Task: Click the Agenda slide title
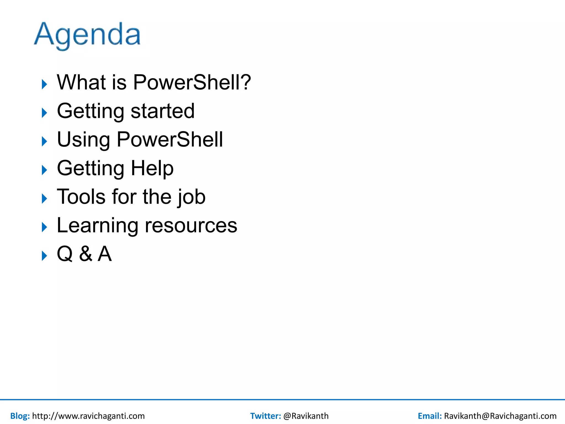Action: point(87,35)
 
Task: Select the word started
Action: point(162,111)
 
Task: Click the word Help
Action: point(152,168)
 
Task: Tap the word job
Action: point(191,197)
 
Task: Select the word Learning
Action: point(97,226)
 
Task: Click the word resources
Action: point(191,226)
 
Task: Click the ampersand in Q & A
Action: point(86,254)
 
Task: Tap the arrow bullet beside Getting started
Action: point(44,113)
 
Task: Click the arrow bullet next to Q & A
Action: point(44,256)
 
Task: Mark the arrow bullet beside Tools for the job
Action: point(44,198)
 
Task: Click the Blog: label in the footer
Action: point(20,416)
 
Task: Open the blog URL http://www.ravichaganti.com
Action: point(88,416)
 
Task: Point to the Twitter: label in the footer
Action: point(265,416)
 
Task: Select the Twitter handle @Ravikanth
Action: point(306,416)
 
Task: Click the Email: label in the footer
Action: point(430,416)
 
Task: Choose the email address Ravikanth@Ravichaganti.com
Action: point(500,416)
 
